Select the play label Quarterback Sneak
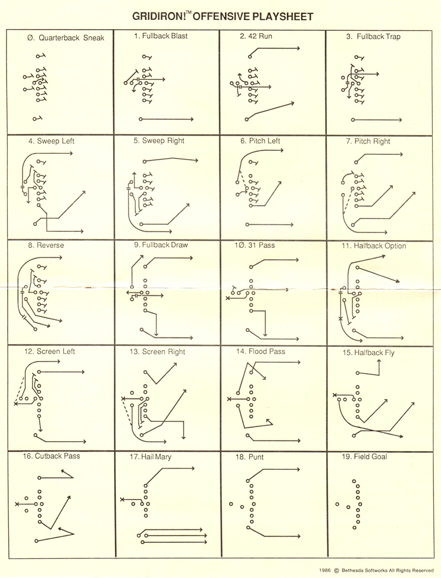[x=66, y=38]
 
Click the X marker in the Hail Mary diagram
[x=122, y=500]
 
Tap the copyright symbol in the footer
[x=336, y=570]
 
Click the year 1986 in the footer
[x=325, y=570]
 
